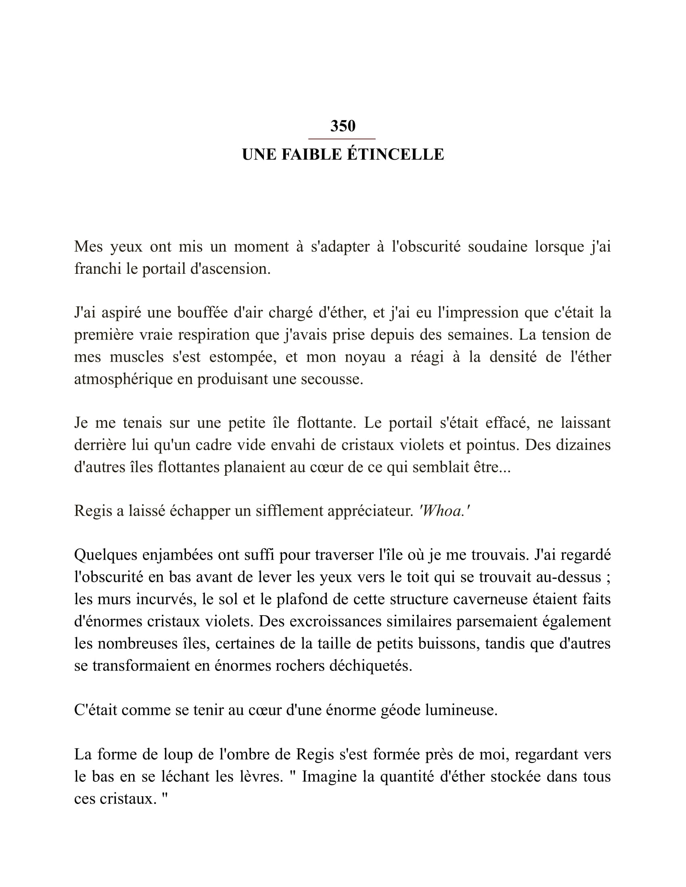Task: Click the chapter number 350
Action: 343,126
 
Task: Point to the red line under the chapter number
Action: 342,139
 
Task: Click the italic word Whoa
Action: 444,511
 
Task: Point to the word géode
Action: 401,710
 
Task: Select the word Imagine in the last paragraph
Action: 329,776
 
